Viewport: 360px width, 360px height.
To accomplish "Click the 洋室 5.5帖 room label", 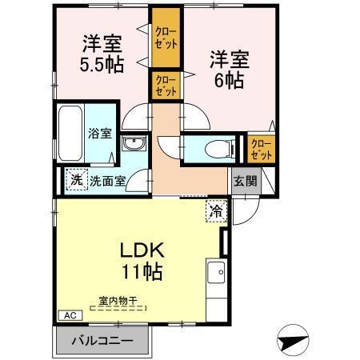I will [x=102, y=54].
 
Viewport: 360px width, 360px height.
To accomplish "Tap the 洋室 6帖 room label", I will [x=228, y=70].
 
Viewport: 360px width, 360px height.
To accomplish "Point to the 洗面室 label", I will [x=107, y=180].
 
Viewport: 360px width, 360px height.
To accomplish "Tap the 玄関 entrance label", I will [x=246, y=180].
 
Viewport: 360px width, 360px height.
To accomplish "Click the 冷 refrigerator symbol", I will [x=217, y=211].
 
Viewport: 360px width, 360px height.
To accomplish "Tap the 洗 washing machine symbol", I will [x=76, y=180].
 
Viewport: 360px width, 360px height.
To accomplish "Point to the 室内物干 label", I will [x=118, y=301].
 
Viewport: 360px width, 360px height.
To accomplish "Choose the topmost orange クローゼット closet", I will [x=166, y=38].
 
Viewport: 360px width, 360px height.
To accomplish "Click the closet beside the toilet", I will [x=261, y=148].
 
